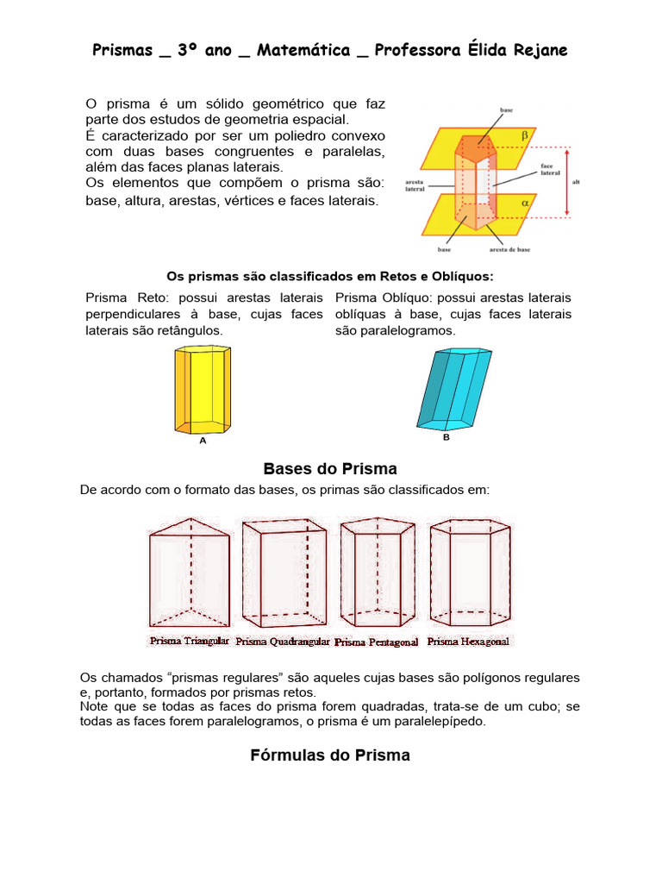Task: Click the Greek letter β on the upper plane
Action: point(523,135)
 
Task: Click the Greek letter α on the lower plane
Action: point(523,202)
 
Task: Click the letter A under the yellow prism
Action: point(203,441)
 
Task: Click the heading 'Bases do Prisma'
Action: point(330,469)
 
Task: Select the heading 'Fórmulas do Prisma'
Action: point(330,755)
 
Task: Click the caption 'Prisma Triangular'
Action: point(189,642)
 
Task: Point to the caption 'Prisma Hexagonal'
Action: point(468,642)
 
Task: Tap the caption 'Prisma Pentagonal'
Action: point(376,642)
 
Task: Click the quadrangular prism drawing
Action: point(284,573)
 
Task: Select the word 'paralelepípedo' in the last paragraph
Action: point(442,722)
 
